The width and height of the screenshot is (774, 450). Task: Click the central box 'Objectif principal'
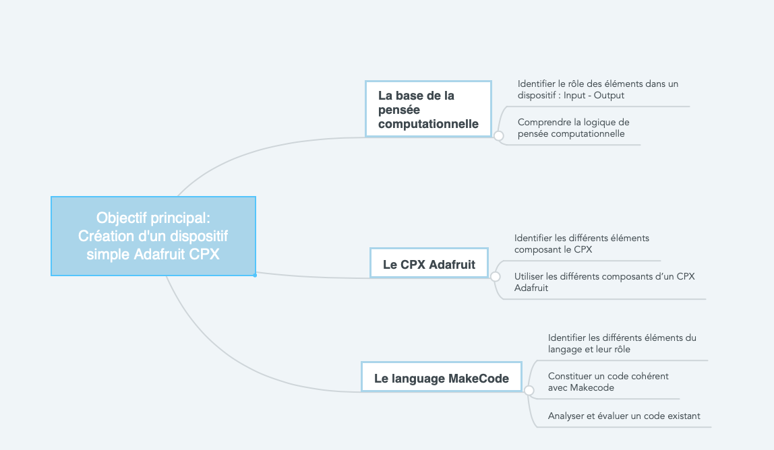(153, 236)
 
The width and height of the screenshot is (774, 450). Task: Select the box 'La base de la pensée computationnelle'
(429, 109)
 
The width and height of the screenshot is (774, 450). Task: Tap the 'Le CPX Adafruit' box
(429, 263)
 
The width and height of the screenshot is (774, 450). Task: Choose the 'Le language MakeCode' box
(442, 377)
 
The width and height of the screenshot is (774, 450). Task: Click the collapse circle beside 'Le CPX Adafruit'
(495, 277)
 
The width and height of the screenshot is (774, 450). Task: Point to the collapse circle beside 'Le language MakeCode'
(529, 391)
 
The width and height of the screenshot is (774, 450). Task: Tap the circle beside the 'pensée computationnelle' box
(498, 135)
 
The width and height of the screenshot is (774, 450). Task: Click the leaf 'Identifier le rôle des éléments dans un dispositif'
(598, 90)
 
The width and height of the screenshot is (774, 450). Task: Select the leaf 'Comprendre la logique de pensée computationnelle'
(573, 128)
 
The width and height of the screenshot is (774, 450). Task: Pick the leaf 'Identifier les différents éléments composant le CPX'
(581, 244)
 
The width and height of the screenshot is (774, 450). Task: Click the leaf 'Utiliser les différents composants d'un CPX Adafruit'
(604, 282)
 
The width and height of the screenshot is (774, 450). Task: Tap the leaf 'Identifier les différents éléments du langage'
(622, 344)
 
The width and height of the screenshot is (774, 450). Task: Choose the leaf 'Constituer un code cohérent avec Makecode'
(608, 382)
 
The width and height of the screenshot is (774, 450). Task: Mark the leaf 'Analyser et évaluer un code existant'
(624, 416)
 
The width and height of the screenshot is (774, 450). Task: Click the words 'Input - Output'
(594, 95)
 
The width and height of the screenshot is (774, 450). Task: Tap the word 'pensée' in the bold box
(399, 110)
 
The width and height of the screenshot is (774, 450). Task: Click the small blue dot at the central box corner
(255, 276)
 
